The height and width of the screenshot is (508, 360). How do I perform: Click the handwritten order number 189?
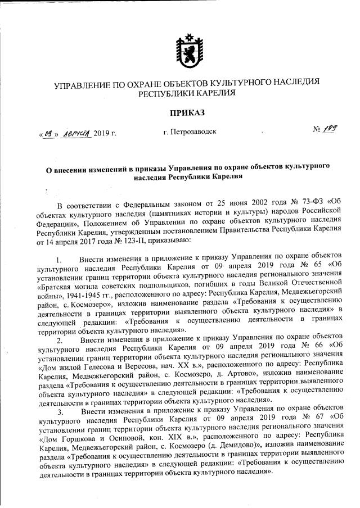pyautogui.click(x=330, y=130)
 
